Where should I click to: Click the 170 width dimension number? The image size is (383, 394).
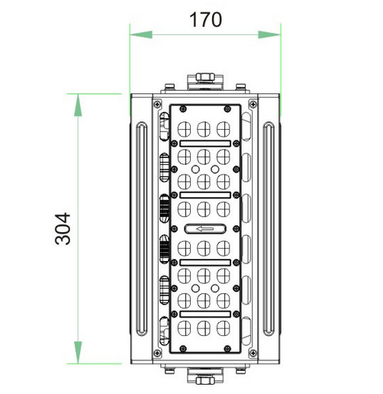pyautogui.click(x=205, y=20)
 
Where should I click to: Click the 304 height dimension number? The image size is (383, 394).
pyautogui.click(x=63, y=228)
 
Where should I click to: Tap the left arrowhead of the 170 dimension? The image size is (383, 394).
pyautogui.click(x=141, y=34)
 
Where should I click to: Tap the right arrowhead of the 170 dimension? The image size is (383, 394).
pyautogui.click(x=269, y=34)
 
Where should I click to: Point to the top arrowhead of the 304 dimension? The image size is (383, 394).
pyautogui.click(x=78, y=105)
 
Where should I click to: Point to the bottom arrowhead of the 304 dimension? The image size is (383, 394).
pyautogui.click(x=78, y=352)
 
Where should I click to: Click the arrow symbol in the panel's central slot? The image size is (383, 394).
pyautogui.click(x=205, y=229)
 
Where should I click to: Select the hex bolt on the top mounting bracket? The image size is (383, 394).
pyautogui.click(x=205, y=77)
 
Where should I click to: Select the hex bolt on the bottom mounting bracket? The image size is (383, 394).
pyautogui.click(x=205, y=380)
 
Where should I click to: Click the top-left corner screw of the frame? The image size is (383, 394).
pyautogui.click(x=157, y=104)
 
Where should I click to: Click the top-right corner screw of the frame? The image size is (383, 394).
pyautogui.click(x=253, y=104)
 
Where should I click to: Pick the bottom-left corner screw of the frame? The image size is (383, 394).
pyautogui.click(x=157, y=353)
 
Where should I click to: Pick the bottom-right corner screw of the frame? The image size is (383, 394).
pyautogui.click(x=253, y=353)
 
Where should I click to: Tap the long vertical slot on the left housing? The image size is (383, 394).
pyautogui.click(x=142, y=229)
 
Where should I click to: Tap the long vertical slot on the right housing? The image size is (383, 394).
pyautogui.click(x=269, y=229)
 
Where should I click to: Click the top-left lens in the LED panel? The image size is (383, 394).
pyautogui.click(x=184, y=129)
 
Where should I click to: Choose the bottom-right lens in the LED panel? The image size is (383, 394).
pyautogui.click(x=224, y=328)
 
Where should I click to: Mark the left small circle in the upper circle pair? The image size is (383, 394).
pyautogui.click(x=195, y=169)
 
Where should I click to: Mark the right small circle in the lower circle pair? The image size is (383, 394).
pyautogui.click(x=215, y=289)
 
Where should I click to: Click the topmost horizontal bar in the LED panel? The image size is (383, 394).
pyautogui.click(x=205, y=144)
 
